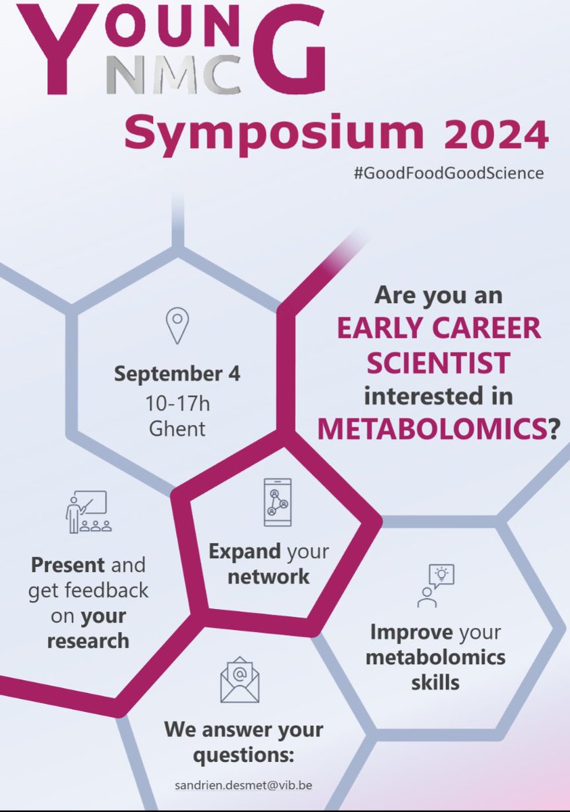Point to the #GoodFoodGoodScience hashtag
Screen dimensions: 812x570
click(448, 173)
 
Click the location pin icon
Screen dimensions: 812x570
click(177, 327)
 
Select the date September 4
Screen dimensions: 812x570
click(177, 373)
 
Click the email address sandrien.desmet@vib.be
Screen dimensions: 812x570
click(243, 786)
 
